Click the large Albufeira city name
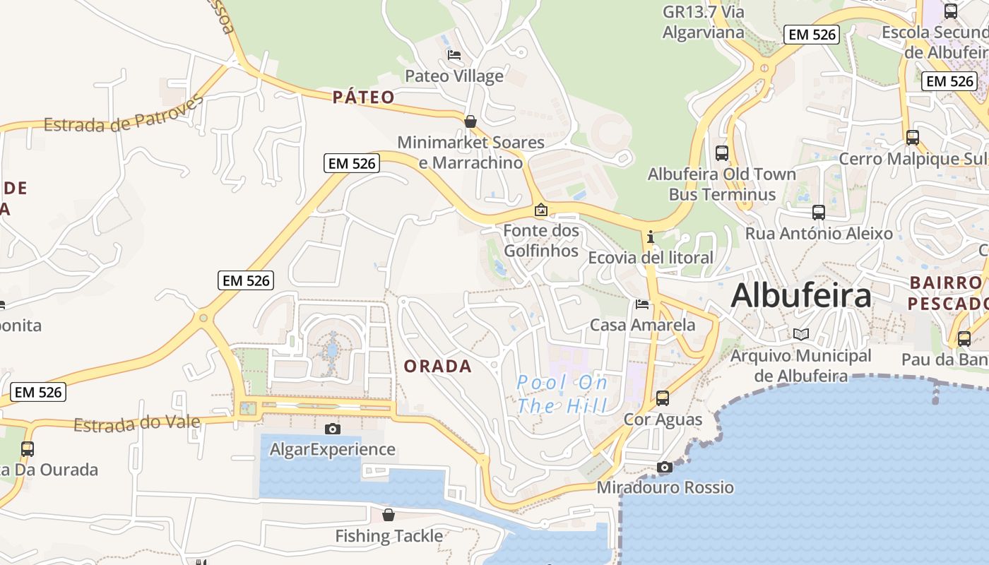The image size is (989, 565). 801,295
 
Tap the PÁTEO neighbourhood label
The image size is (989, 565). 364,97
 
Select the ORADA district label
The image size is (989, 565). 437,366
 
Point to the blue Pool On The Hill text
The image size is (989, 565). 562,394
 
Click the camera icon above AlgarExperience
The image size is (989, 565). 332,429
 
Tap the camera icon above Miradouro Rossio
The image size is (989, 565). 664,467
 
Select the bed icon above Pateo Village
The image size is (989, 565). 454,55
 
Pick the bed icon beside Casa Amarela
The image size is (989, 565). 642,304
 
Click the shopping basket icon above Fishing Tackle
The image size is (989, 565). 388,514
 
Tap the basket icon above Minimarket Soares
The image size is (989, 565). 470,121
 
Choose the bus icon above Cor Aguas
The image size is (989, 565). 663,398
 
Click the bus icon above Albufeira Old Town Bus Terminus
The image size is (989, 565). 722,153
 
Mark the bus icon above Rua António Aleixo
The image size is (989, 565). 819,212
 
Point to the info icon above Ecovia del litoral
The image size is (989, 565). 651,237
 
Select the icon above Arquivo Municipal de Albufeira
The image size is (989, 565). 800,335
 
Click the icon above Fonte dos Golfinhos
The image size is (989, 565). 540,210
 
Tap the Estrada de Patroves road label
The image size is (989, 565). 123,115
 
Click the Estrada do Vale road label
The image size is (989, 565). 137,424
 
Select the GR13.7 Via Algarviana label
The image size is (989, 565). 704,22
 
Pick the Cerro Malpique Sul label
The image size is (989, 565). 912,159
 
